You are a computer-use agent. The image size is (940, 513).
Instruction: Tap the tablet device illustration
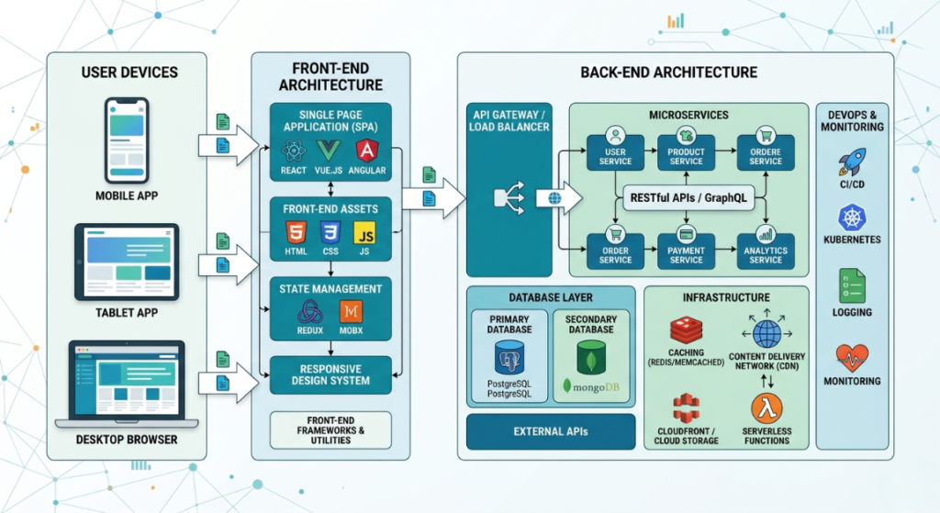(x=127, y=260)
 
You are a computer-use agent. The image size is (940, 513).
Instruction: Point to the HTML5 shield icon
(x=295, y=231)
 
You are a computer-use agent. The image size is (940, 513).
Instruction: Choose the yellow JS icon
(x=364, y=231)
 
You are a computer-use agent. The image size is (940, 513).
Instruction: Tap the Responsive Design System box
(x=330, y=374)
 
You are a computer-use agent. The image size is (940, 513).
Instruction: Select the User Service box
(x=615, y=151)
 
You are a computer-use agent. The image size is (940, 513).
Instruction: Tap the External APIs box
(x=551, y=431)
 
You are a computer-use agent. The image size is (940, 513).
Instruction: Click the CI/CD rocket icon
(x=852, y=163)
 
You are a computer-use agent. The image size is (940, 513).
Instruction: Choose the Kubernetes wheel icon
(x=852, y=218)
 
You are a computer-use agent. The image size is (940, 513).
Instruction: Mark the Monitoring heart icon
(x=852, y=357)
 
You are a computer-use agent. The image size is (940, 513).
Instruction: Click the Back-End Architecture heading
(x=669, y=72)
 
